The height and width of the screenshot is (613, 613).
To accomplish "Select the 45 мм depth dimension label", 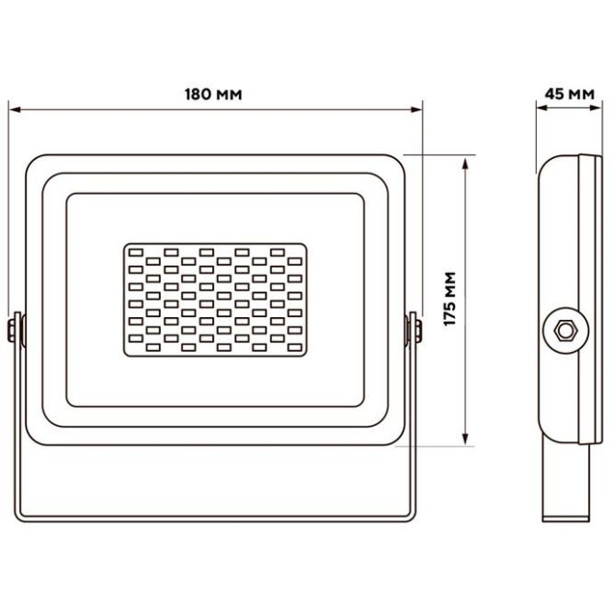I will click(x=569, y=94).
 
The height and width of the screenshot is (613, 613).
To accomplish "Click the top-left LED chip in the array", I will click(x=134, y=250).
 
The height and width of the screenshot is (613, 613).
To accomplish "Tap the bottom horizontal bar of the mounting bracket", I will click(x=214, y=517).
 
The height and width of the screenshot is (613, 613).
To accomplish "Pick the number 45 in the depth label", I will click(x=555, y=94).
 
